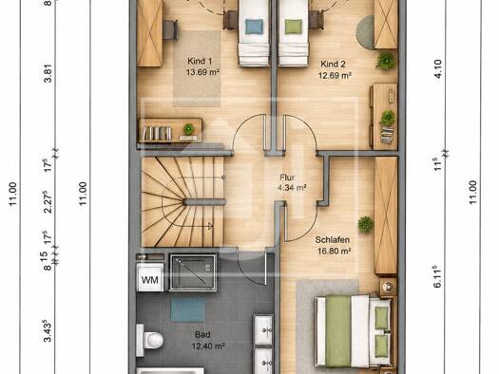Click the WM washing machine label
point(149,280)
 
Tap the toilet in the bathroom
point(149,340)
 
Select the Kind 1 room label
point(200,61)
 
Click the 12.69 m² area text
point(335,75)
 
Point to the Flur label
point(287,178)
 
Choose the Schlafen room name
point(333,239)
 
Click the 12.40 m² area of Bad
point(208,346)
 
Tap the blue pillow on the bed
point(255,27)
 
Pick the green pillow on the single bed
point(294,27)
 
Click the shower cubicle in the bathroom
point(193,272)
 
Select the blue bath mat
point(188,309)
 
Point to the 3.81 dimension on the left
point(48,74)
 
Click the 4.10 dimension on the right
point(438,69)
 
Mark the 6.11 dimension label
point(437,277)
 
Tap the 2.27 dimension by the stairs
point(48,202)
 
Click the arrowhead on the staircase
point(210,226)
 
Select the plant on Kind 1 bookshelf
point(188,129)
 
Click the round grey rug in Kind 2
point(365,32)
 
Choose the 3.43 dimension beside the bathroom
point(48,330)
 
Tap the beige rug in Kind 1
point(197,68)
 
